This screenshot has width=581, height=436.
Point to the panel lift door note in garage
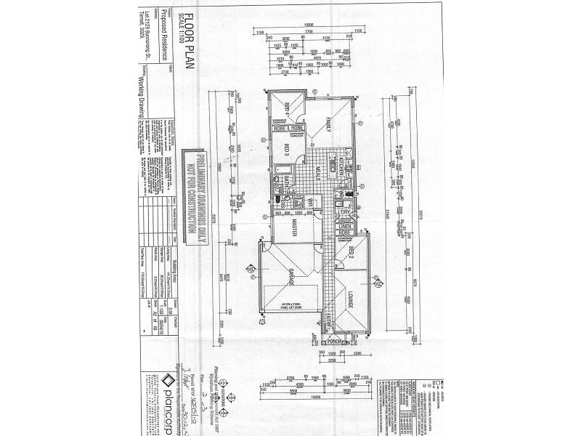pyautogui.click(x=293, y=307)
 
